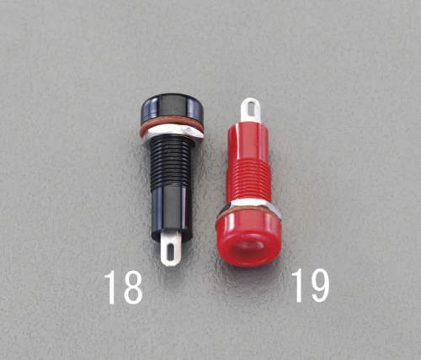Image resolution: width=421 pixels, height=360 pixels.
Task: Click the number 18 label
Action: pyautogui.click(x=124, y=288)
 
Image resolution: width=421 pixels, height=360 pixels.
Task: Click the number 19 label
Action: pyautogui.click(x=310, y=286)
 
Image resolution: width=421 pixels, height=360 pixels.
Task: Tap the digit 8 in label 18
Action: pyautogui.click(x=132, y=288)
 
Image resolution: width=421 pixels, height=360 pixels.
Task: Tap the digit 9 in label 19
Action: pyautogui.click(x=318, y=286)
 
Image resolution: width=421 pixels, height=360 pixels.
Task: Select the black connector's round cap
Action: pyautogui.click(x=172, y=108)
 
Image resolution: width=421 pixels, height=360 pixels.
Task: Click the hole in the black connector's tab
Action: pyautogui.click(x=171, y=251)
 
